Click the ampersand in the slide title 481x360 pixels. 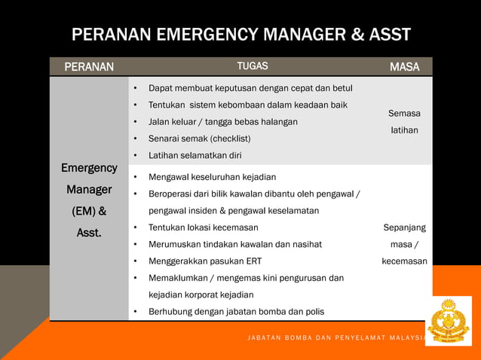348,35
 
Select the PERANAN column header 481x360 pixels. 89,67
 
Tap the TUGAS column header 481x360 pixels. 253,66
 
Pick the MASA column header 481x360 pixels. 404,67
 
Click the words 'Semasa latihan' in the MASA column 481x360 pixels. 404,122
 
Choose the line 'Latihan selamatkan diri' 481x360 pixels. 195,155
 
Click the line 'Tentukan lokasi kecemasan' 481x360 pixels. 203,227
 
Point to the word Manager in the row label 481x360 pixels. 89,190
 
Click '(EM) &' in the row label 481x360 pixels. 89,211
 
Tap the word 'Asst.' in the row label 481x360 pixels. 89,233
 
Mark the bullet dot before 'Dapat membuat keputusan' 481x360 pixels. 135,89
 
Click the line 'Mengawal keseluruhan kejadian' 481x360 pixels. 212,178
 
